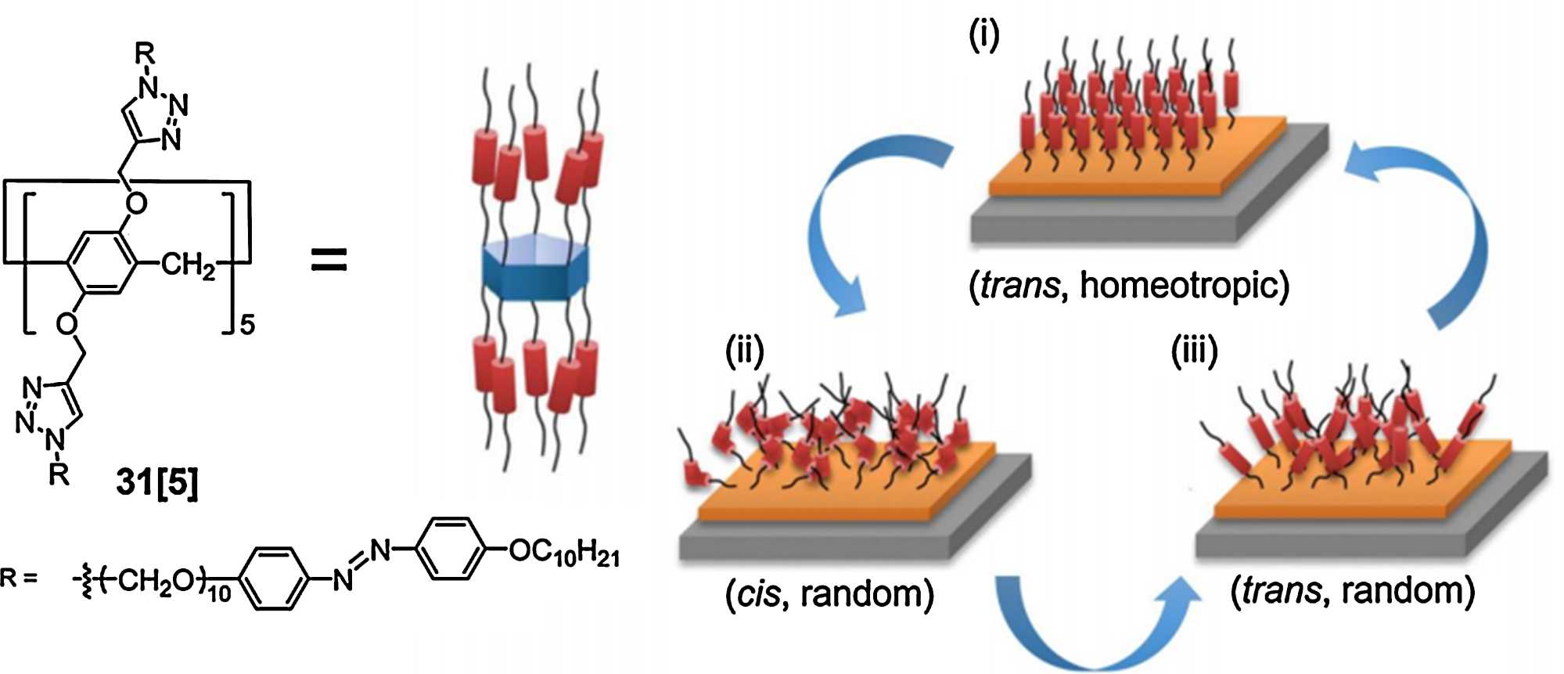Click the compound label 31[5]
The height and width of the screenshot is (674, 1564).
[156, 481]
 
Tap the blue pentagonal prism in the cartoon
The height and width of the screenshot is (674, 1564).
[535, 270]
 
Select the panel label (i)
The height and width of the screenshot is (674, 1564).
[984, 35]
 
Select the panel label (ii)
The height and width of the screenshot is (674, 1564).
[743, 352]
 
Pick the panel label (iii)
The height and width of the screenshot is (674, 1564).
[1194, 352]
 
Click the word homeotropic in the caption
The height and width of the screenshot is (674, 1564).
[1184, 285]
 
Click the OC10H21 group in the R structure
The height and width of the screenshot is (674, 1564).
[564, 553]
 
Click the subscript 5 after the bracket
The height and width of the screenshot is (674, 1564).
[247, 325]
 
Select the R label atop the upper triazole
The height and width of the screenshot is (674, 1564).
[145, 53]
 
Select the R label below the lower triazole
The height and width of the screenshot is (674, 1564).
[59, 473]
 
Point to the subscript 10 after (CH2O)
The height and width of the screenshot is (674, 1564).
[220, 594]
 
